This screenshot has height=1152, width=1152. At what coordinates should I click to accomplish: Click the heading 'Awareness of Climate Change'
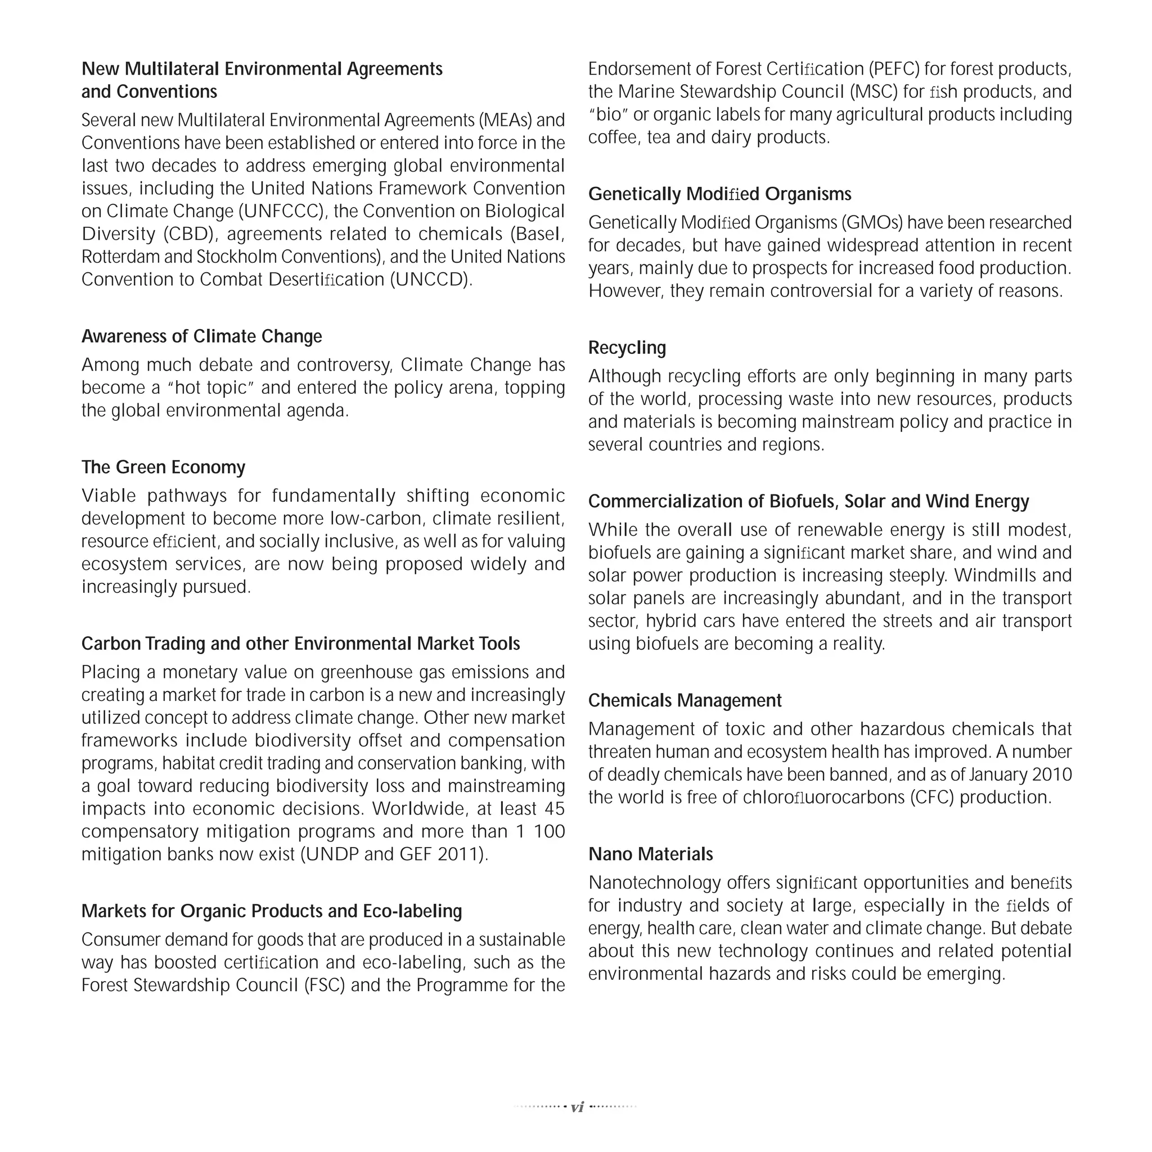[201, 336]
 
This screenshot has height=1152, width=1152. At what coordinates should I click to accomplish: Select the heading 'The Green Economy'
[163, 467]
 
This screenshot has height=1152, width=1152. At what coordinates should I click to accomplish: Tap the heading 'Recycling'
[627, 348]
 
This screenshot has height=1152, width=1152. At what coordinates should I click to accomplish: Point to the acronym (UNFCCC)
[282, 211]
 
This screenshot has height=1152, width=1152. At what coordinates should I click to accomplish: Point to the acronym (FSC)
[325, 985]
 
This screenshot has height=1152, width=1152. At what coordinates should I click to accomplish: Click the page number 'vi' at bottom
[577, 1107]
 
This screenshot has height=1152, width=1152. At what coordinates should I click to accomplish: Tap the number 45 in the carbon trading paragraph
[555, 809]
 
